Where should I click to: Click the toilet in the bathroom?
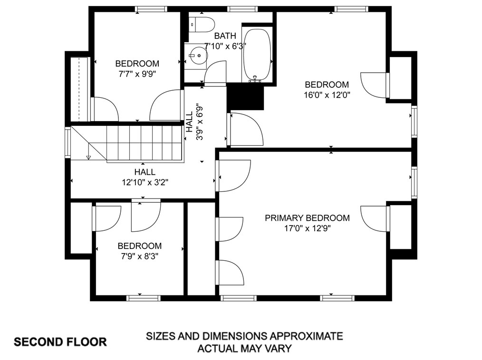point(202,25)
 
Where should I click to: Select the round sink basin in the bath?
point(198,56)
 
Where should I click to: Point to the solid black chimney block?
point(245,97)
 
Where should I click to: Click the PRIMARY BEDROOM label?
point(307,218)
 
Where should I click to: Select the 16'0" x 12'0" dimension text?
point(327,95)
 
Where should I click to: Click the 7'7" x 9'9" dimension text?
point(137,74)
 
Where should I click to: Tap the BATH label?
point(225,36)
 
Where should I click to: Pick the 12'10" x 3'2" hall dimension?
point(145,182)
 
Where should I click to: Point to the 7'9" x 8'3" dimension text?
point(140,256)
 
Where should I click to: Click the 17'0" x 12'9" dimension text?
point(307,228)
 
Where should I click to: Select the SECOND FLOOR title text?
point(60,342)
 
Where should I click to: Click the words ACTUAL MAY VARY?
point(244,349)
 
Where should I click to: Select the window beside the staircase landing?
point(67,143)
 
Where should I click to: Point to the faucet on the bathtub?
point(255,79)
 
